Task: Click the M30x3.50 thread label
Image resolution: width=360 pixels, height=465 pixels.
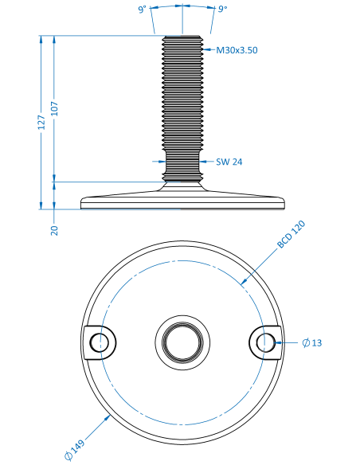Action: tap(237, 50)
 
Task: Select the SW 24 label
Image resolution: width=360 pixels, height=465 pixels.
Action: tap(229, 162)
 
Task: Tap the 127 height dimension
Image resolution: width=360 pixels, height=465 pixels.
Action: tap(41, 123)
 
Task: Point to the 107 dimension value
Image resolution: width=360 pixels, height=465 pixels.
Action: tap(55, 109)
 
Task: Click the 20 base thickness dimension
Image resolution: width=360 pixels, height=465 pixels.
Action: tap(55, 230)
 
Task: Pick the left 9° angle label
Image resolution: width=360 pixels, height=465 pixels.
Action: tap(143, 10)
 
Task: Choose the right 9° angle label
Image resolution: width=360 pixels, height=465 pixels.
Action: tap(222, 9)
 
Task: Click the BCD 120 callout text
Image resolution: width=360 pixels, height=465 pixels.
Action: tap(291, 234)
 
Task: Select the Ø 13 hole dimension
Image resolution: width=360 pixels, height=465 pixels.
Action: tap(312, 343)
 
